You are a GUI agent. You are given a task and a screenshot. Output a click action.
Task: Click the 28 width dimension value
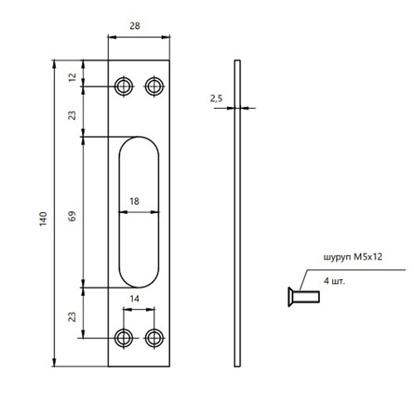tap(135, 26)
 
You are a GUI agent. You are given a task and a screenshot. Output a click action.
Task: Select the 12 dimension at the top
tap(72, 77)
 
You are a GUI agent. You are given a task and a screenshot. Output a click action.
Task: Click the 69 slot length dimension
tap(72, 217)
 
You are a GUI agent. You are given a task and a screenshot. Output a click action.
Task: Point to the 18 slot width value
tap(134, 202)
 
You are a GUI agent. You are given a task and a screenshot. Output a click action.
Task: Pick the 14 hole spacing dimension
tap(134, 298)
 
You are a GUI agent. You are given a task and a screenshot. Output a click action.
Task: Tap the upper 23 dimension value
tap(72, 115)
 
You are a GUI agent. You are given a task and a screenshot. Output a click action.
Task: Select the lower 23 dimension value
tap(72, 317)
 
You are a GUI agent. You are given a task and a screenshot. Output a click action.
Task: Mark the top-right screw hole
tap(154, 87)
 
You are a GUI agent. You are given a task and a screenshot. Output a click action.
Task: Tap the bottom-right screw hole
tap(154, 338)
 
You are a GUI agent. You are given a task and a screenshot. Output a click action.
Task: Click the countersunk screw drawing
tap(303, 296)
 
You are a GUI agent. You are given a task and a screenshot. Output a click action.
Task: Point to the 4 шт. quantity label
tap(334, 282)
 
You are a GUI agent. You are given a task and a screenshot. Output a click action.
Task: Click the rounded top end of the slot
tap(139, 143)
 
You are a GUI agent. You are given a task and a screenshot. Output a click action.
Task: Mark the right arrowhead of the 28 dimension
tap(167, 37)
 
